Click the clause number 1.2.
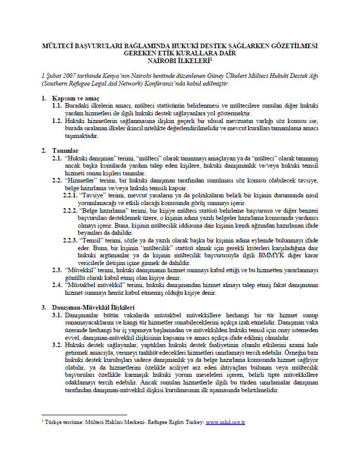click(x=57, y=120)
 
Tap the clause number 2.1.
click(x=57, y=158)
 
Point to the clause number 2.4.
click(x=57, y=286)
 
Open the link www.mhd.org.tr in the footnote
click(x=225, y=422)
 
